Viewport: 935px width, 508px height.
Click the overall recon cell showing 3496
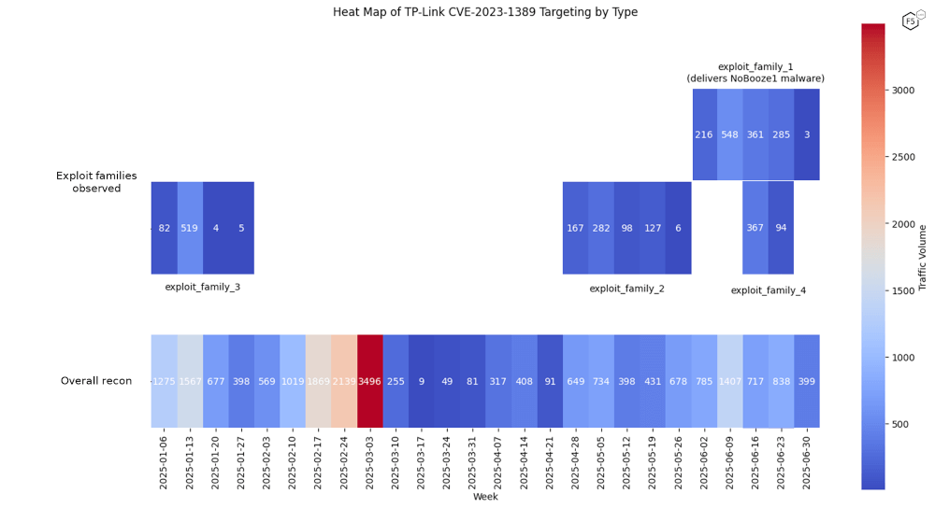370,381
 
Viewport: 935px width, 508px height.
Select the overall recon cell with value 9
422,381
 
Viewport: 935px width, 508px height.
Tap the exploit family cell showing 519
190,228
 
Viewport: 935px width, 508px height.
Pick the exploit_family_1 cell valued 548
730,134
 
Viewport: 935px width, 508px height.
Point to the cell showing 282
601,228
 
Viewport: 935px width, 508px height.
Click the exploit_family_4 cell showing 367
755,228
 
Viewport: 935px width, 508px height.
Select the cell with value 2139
344,381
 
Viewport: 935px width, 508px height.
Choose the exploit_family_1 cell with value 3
807,134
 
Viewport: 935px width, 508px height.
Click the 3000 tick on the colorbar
902,91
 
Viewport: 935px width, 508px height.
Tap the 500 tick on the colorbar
899,424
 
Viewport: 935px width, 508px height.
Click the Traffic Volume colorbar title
923,258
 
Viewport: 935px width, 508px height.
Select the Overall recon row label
96,381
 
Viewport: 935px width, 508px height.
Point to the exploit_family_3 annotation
202,287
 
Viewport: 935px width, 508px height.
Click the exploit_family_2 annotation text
626,289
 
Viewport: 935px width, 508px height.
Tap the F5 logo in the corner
911,21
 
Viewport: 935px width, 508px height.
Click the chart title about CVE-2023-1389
485,12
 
